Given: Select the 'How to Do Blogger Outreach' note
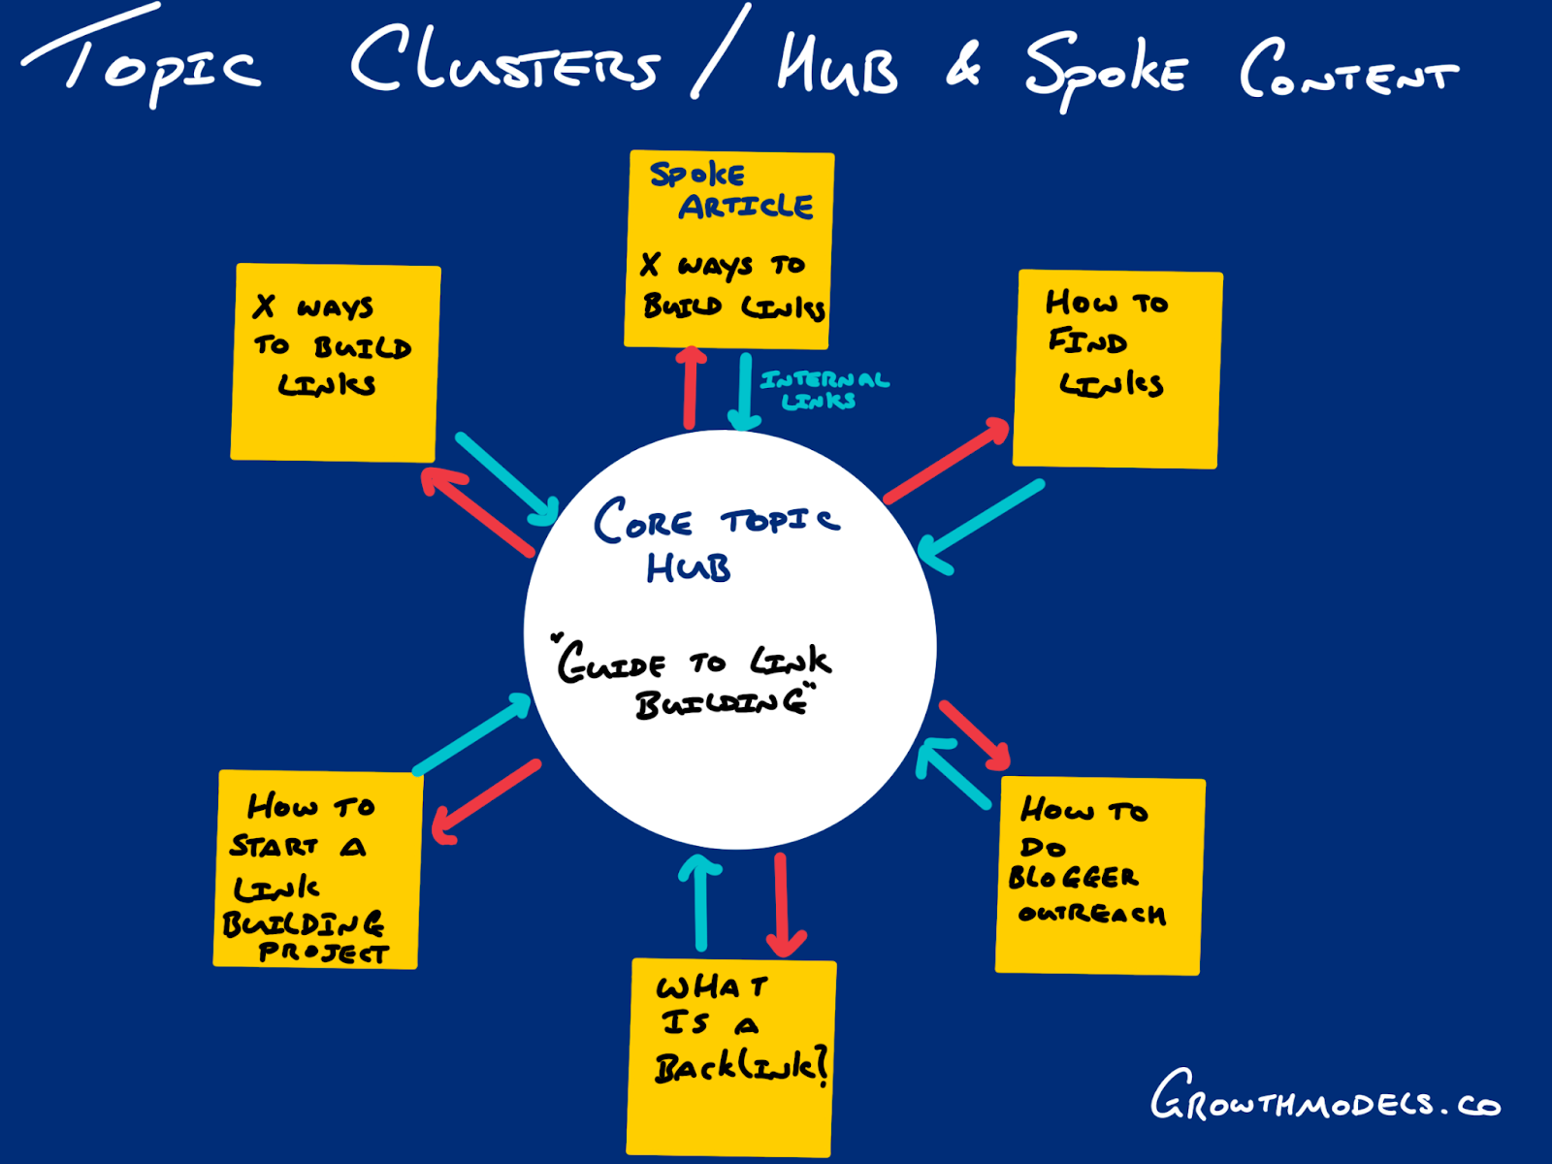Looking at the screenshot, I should coord(1100,875).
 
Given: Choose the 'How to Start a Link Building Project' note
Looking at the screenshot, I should coord(317,869).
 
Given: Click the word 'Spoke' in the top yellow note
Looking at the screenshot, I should coord(696,175).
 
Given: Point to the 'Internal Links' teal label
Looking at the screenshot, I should coord(823,389).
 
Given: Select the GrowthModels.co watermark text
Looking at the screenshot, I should coord(1324,1099).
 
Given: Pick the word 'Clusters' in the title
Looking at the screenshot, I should coord(504,60).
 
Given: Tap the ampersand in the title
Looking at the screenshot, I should coord(963,66).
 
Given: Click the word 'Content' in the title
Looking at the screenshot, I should coord(1348,70).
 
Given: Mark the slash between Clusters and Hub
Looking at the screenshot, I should coord(721,50).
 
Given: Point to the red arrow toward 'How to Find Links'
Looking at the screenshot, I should coord(946,461).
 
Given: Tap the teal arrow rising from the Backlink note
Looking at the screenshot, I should coord(700,902).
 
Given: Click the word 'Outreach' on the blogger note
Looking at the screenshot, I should coord(1091,914).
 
